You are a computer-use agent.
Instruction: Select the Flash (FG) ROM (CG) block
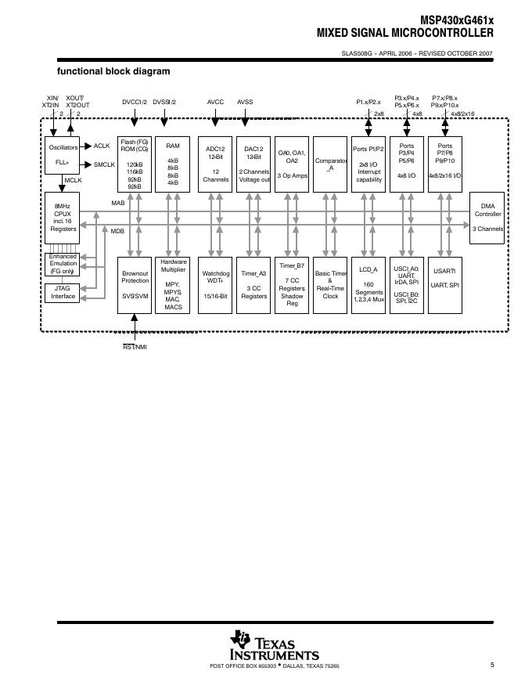point(135,164)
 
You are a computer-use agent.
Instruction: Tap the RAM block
point(172,164)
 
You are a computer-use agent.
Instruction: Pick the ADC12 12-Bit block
point(215,164)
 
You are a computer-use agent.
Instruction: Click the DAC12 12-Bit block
point(253,164)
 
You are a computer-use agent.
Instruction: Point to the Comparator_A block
point(330,164)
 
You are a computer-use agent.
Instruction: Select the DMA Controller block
point(487,221)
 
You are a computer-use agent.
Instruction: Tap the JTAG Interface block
point(63,293)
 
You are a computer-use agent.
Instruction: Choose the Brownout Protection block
point(135,285)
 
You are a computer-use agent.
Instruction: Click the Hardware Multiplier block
point(172,285)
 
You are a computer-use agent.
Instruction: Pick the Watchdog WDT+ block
point(215,285)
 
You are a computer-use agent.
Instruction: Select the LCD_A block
point(368,285)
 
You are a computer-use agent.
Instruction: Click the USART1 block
point(444,285)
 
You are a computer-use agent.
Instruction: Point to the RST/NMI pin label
point(135,347)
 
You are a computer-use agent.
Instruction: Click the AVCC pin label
point(215,102)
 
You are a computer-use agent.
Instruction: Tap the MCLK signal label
point(74,181)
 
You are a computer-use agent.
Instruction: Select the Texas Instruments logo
point(274,647)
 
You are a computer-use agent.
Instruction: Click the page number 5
point(492,666)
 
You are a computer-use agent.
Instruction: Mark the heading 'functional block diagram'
point(113,71)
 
